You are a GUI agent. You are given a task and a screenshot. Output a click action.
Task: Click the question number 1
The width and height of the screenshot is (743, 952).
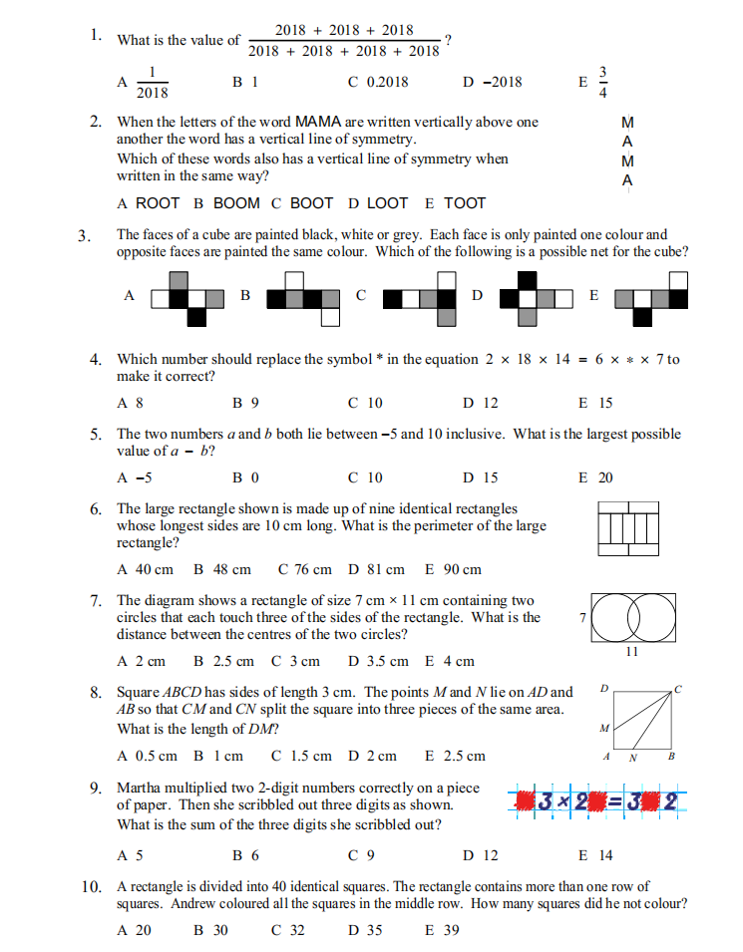pyautogui.click(x=95, y=35)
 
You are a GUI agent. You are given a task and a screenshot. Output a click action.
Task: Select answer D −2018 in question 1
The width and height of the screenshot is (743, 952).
pyautogui.click(x=493, y=82)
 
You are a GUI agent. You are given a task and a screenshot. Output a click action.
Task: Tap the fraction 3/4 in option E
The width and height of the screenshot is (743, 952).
pyautogui.click(x=601, y=82)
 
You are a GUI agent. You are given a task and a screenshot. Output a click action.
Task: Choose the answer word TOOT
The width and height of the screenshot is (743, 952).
pyautogui.click(x=465, y=203)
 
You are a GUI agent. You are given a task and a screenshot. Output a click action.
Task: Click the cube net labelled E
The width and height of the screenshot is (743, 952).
pyautogui.click(x=652, y=296)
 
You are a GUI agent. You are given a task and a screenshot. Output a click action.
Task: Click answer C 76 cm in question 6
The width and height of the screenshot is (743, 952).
pyautogui.click(x=305, y=569)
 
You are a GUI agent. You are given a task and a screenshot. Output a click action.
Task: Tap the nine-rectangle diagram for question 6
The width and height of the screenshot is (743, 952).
pyautogui.click(x=629, y=528)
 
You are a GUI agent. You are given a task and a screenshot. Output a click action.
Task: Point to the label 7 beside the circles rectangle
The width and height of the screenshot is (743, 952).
pyautogui.click(x=581, y=619)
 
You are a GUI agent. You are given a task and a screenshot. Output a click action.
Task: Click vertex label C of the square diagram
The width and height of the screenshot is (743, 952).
pyautogui.click(x=678, y=688)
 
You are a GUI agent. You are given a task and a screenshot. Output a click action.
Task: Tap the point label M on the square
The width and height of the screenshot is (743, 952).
pyautogui.click(x=603, y=729)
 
